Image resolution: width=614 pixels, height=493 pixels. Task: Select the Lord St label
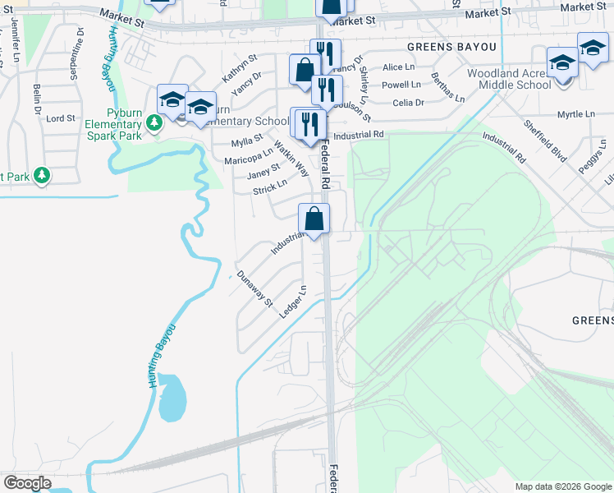click(61, 118)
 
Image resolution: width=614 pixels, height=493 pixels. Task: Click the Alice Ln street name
click(398, 67)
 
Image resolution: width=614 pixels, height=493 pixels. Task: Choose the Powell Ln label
click(401, 85)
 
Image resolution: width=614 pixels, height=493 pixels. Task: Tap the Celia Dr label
click(408, 103)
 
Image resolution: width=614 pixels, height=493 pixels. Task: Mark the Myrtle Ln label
click(575, 114)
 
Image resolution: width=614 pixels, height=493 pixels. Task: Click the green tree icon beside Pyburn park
click(153, 123)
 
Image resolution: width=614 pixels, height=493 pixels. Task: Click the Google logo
click(27, 483)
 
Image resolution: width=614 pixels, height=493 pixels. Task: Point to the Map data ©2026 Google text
click(562, 486)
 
